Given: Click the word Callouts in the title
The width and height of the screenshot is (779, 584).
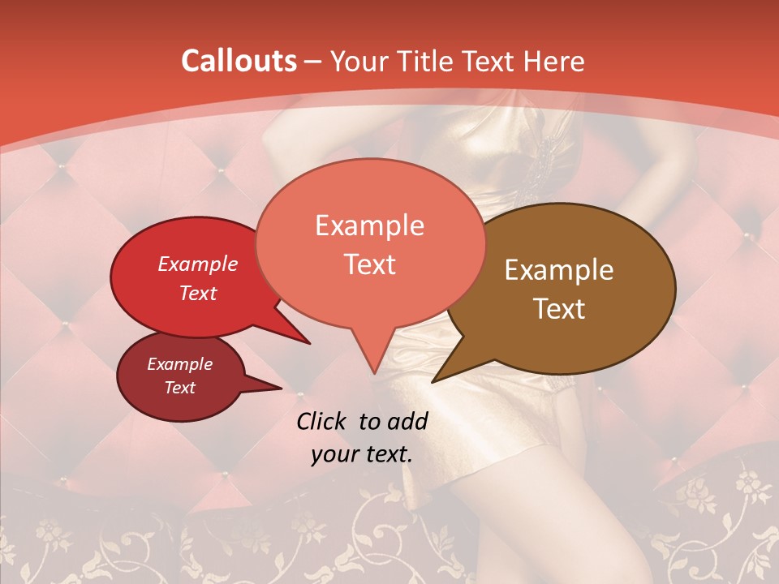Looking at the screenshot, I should [x=239, y=61].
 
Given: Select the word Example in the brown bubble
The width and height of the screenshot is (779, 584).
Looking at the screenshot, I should [x=559, y=270].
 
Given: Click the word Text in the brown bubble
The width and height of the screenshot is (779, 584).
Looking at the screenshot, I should [x=559, y=309].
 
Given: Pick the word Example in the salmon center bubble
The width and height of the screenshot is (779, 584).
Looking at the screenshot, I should [x=369, y=225].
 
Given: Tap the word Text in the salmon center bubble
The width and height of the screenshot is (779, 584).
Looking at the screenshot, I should [x=369, y=264].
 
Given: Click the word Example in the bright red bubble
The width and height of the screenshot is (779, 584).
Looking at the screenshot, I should [x=198, y=264].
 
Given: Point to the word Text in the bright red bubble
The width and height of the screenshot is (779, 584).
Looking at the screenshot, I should [x=198, y=293].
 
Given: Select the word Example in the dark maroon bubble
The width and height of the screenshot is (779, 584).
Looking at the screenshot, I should [x=180, y=364].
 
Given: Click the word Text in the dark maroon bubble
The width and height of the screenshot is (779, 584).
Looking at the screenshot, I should [x=180, y=388].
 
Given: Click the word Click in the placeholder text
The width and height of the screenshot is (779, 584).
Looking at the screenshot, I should [x=322, y=421].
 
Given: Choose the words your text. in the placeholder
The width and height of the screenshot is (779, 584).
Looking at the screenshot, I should [x=362, y=454].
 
